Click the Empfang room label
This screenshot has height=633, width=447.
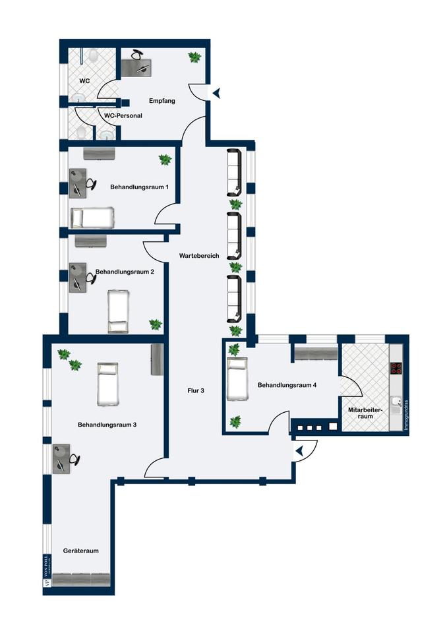(161, 100)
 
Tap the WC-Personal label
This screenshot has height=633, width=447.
(123, 116)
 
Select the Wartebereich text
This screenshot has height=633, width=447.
(198, 255)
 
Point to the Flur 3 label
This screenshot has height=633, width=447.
(196, 391)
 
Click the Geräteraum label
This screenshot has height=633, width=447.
(81, 551)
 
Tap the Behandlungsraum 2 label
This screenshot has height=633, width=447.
(125, 271)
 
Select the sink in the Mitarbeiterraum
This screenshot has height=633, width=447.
(396, 402)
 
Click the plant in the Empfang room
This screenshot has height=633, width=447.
(194, 57)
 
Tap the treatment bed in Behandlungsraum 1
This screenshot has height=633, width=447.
(92, 217)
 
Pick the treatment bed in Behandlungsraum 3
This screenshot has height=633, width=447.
(108, 383)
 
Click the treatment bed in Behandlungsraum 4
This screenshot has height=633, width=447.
(237, 379)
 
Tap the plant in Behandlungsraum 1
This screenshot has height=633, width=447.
(165, 159)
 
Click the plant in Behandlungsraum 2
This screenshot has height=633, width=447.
(155, 324)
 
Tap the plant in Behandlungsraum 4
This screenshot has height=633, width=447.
(235, 420)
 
